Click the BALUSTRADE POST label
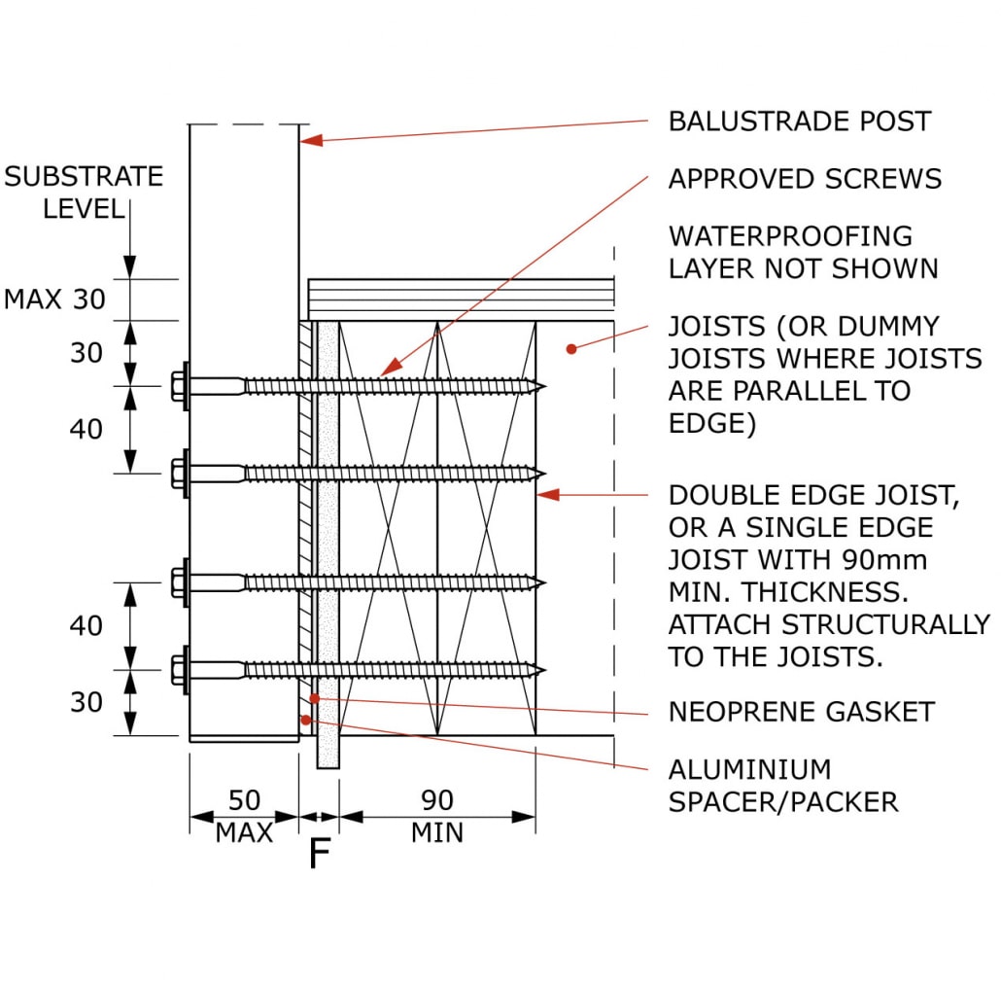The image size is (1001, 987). [799, 122]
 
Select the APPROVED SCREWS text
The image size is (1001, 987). [805, 179]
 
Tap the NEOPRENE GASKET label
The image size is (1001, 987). [801, 712]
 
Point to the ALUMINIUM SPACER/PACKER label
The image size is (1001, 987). [782, 786]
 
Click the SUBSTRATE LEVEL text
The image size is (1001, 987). [84, 192]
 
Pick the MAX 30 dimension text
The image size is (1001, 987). [54, 300]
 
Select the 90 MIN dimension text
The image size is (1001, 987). [437, 816]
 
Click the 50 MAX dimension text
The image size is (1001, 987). [244, 816]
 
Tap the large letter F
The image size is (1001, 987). [319, 854]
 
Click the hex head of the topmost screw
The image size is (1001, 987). [179, 386]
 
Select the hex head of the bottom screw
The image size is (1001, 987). [179, 669]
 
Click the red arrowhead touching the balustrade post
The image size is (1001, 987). [309, 141]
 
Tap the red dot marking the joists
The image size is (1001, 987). [572, 346]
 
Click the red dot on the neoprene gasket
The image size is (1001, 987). [313, 697]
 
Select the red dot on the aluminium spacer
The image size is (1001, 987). [305, 720]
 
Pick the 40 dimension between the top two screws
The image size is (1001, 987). [86, 429]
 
